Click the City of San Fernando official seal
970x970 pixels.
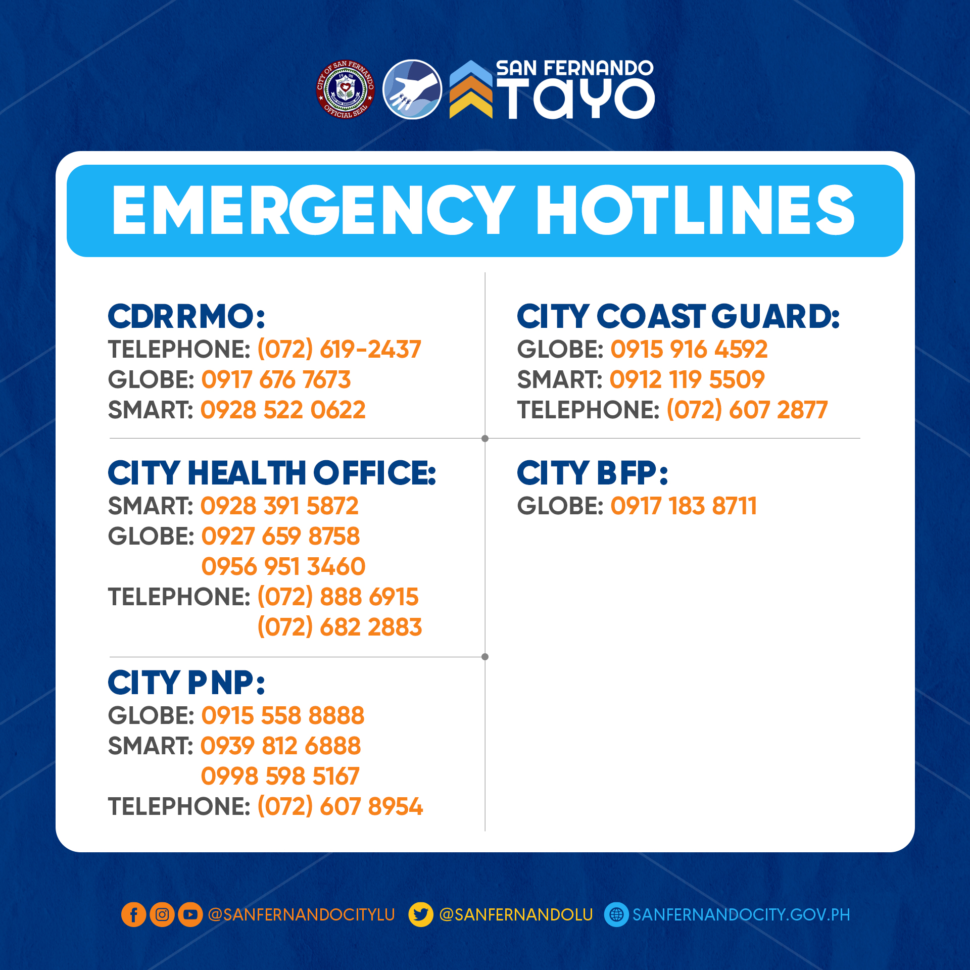click(346, 89)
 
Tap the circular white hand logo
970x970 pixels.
click(412, 89)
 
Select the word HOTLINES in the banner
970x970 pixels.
click(695, 210)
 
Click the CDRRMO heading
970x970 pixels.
click(186, 317)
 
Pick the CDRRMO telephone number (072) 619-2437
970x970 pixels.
click(339, 349)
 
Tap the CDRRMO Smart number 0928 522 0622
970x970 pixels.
click(283, 410)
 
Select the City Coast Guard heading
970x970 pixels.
click(678, 317)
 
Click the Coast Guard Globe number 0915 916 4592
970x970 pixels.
click(689, 349)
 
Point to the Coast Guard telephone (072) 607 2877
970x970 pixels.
click(747, 410)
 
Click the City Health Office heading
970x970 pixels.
click(272, 473)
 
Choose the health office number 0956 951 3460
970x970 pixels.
click(283, 566)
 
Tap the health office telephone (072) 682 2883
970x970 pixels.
click(339, 627)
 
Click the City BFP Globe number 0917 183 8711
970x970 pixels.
click(684, 506)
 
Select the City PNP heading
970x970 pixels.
click(186, 683)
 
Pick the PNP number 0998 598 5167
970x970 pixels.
click(280, 776)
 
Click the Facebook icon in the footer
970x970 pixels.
click(134, 914)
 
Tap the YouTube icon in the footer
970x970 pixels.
click(190, 914)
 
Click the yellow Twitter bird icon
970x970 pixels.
click(421, 914)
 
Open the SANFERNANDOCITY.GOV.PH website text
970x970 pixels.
click(741, 914)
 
